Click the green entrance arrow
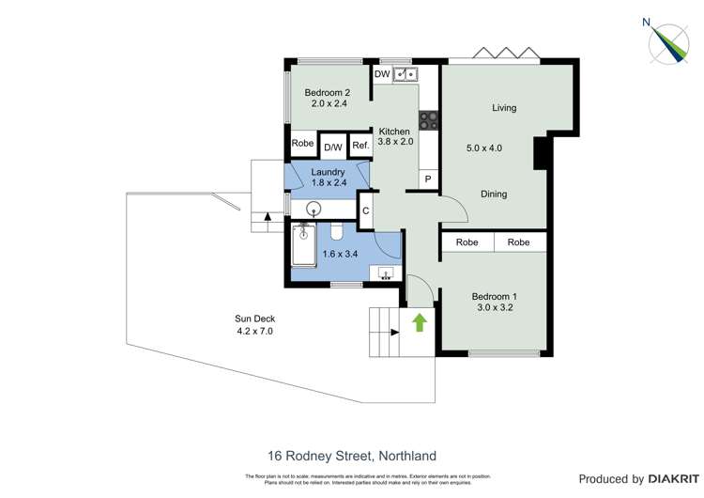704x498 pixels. coord(420,323)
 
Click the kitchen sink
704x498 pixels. coord(406,74)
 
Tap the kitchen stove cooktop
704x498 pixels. coord(428,119)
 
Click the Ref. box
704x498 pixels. coord(360,147)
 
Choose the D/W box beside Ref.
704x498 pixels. coord(332,147)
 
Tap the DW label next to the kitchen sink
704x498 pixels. coord(382,74)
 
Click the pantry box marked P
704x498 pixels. coord(428,179)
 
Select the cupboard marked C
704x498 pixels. coord(366,210)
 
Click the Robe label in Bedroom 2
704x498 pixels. coord(302,144)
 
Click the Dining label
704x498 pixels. coord(494,195)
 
